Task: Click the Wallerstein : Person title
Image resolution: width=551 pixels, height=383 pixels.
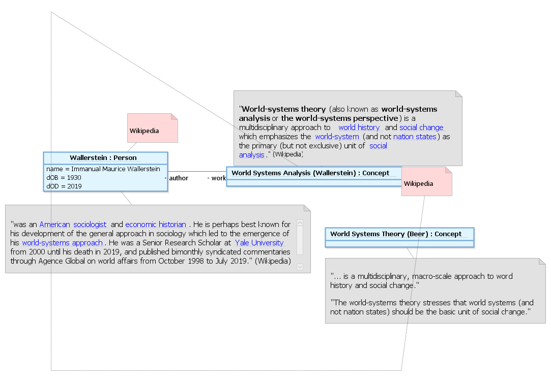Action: (103, 158)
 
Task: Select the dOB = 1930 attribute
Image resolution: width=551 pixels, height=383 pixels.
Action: (64, 178)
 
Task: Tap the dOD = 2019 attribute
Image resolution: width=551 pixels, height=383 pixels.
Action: (64, 186)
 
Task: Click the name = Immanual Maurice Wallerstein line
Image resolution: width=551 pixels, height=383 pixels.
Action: (103, 169)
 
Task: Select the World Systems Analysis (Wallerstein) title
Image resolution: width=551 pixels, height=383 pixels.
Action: (310, 173)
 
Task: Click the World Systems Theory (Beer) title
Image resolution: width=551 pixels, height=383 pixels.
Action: (396, 234)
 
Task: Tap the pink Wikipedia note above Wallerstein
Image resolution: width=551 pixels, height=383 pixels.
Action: (153, 128)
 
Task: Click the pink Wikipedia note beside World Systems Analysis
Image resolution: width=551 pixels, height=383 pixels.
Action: (426, 181)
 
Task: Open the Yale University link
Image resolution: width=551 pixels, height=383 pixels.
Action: (259, 243)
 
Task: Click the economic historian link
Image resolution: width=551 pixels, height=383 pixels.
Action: (156, 225)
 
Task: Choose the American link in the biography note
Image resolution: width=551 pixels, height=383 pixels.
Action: (55, 225)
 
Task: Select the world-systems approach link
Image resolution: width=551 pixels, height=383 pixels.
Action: (62, 243)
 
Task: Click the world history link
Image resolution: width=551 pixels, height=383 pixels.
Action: (359, 127)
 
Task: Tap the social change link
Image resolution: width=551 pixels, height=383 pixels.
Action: (421, 127)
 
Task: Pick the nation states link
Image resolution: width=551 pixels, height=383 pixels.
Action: (415, 137)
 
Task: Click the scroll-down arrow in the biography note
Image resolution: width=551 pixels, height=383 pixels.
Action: (300, 267)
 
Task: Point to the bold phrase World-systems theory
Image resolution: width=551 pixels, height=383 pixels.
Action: (284, 109)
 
